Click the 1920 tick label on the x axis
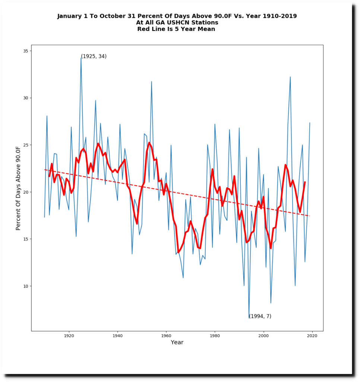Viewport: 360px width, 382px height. [69, 336]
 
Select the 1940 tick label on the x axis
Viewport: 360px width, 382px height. [117, 336]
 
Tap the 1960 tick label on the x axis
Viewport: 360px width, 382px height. [166, 336]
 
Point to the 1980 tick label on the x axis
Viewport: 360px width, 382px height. [215, 336]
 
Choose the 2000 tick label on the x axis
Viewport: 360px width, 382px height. [263, 336]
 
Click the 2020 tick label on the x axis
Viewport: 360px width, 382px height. [312, 336]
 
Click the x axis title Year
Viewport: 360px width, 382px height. [177, 342]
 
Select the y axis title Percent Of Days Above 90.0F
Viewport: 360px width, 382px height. [18, 188]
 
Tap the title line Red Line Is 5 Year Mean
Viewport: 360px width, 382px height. [176, 29]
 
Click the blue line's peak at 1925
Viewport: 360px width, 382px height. [81, 58]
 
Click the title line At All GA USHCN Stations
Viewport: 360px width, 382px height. [177, 23]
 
